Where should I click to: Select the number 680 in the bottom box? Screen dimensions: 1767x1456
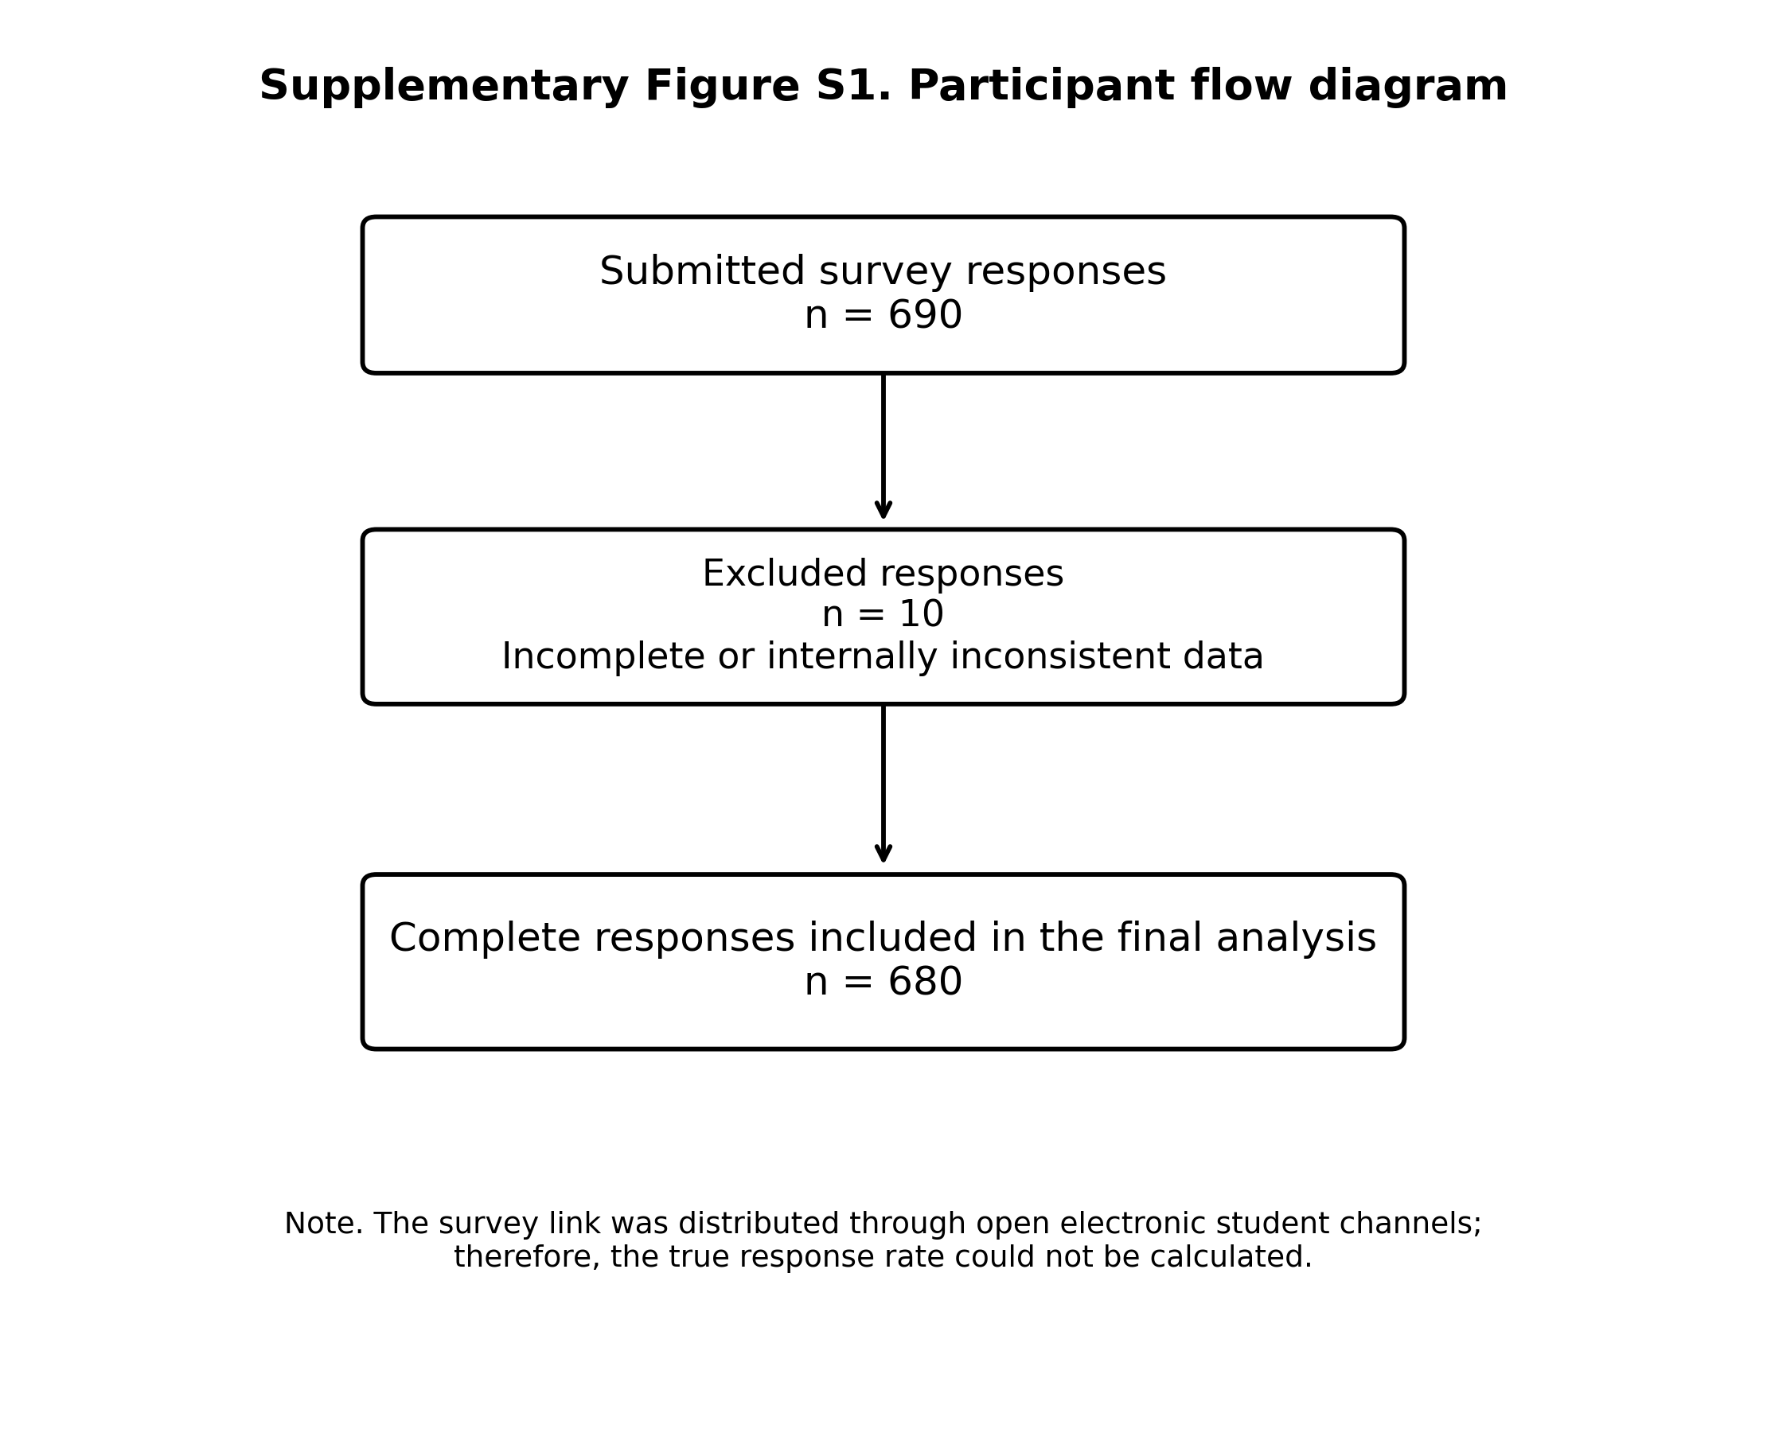pyautogui.click(x=925, y=983)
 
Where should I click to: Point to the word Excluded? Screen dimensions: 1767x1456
pyautogui.click(x=774, y=574)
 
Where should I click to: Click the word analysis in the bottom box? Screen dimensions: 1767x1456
pyautogui.click(x=1297, y=939)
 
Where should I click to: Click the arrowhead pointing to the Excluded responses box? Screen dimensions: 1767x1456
pyautogui.click(x=883, y=510)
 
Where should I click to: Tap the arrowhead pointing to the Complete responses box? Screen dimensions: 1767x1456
pyautogui.click(x=883, y=854)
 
